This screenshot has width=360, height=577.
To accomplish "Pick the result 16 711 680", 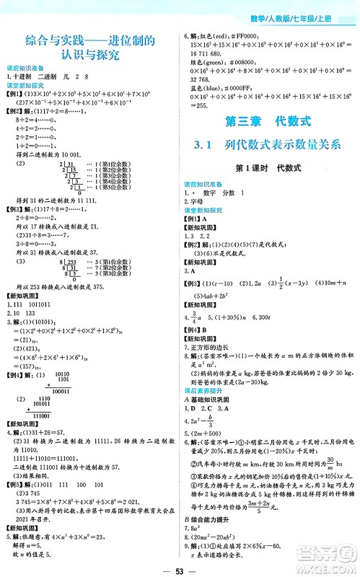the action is (209, 53).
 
